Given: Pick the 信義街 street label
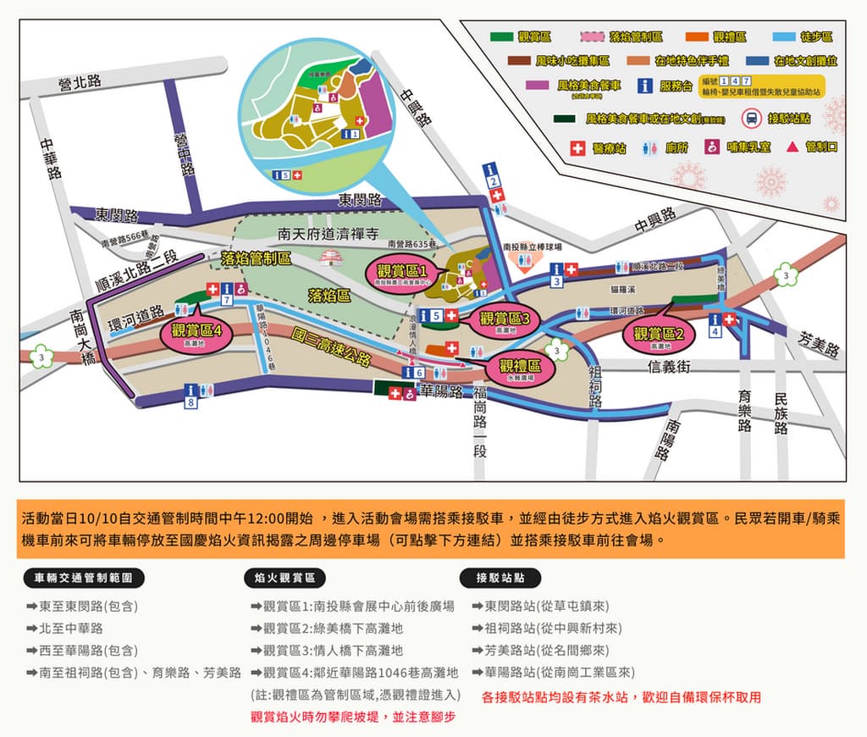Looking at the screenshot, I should point(670,366).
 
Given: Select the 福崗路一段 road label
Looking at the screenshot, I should point(480,422).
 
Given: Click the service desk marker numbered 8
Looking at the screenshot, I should point(191,396).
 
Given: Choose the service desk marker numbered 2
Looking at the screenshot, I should point(492,175).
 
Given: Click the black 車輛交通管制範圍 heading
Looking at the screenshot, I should point(84,579).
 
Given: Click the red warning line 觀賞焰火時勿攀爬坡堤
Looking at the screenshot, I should point(353,717).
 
